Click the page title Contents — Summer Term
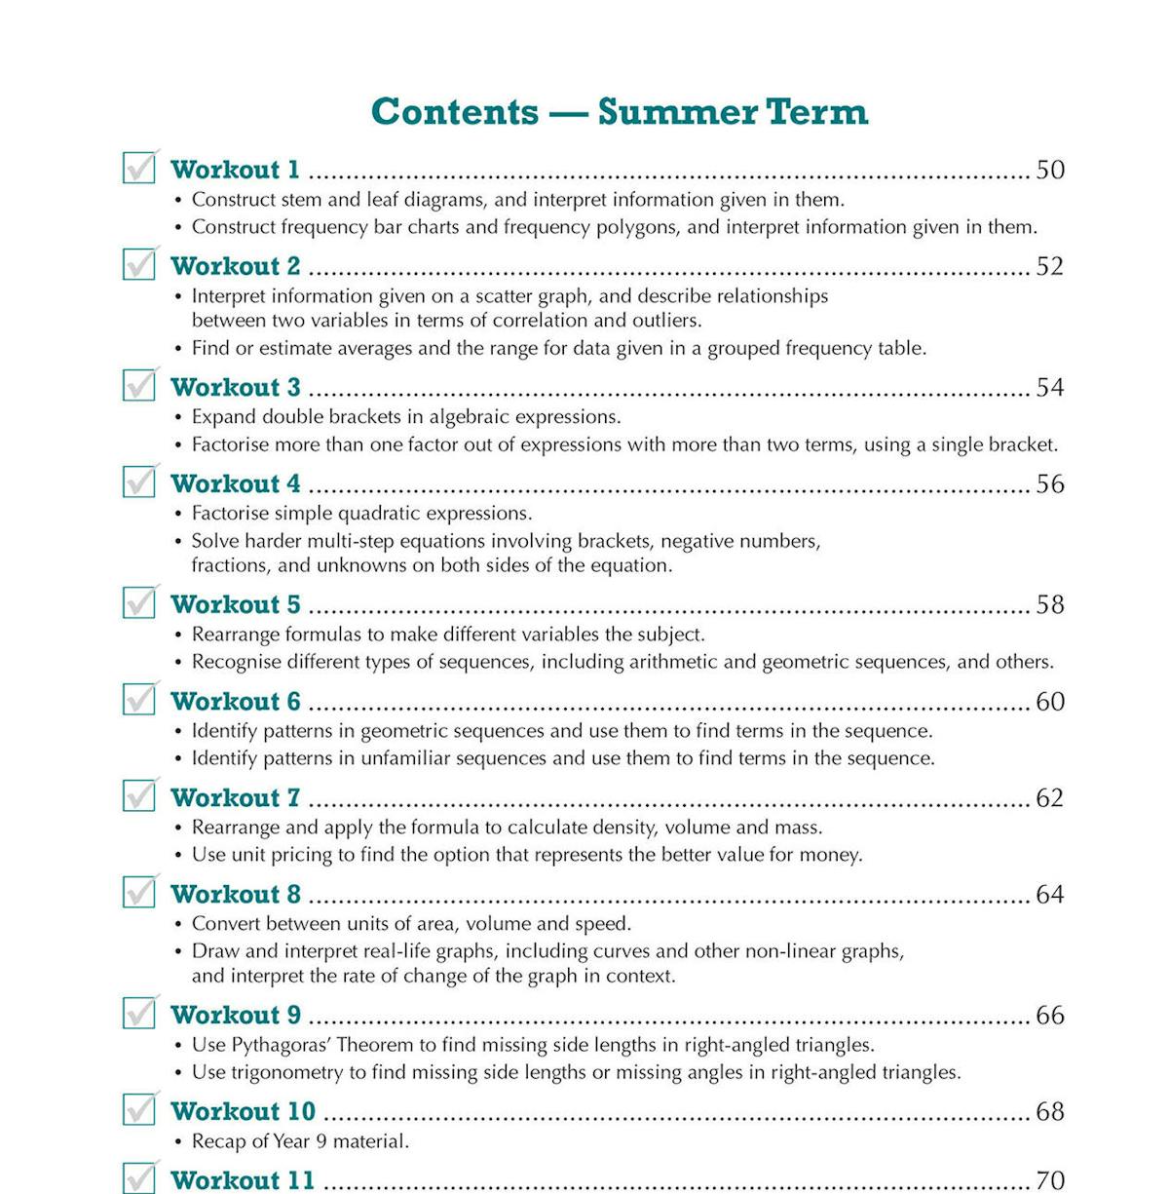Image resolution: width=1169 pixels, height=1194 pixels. [x=620, y=111]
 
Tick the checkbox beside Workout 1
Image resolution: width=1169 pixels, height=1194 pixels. [x=139, y=168]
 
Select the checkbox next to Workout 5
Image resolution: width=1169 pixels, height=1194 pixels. [x=139, y=602]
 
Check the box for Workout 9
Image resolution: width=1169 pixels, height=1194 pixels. [x=139, y=1013]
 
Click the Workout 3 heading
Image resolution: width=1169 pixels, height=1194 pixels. [x=236, y=387]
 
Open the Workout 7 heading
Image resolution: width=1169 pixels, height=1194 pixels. [x=236, y=797]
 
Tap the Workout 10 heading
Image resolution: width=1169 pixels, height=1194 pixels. [x=244, y=1111]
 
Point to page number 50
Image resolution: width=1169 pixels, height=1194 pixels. [x=1049, y=170]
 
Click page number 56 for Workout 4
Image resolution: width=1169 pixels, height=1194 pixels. [x=1049, y=483]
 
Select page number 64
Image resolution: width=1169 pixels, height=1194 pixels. [x=1049, y=894]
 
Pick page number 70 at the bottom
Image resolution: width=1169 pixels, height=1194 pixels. [x=1049, y=1180]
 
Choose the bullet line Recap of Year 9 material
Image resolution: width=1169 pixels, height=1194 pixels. [x=300, y=1140]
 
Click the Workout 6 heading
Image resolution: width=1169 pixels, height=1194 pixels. [x=236, y=701]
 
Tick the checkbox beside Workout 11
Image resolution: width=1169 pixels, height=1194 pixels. [x=139, y=1178]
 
